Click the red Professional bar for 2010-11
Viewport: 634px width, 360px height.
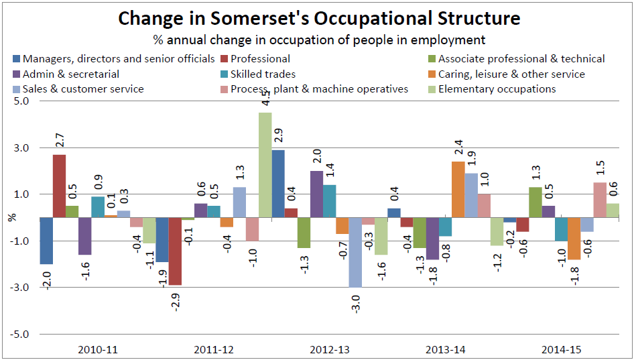tap(59, 186)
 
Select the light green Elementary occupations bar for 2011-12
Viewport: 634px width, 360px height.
tap(265, 165)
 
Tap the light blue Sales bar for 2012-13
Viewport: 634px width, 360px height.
tap(355, 253)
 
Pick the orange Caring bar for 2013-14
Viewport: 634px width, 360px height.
tap(458, 190)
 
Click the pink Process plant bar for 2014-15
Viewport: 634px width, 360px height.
tap(600, 200)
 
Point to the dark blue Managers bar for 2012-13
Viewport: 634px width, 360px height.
tap(277, 184)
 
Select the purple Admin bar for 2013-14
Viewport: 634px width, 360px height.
tap(433, 239)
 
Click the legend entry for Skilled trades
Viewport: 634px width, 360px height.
tap(258, 74)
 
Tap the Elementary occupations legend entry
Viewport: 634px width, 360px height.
tap(492, 89)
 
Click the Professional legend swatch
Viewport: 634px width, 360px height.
tap(225, 59)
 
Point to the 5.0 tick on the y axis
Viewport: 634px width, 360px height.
tap(21, 101)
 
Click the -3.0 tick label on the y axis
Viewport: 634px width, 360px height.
tap(19, 288)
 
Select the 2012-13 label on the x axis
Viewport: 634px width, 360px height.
tap(330, 349)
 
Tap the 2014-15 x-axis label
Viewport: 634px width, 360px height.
tap(562, 349)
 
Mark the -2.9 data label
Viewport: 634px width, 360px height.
tap(175, 302)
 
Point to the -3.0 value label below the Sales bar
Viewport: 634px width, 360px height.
tap(356, 304)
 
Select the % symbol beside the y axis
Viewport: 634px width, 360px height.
tap(13, 217)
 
